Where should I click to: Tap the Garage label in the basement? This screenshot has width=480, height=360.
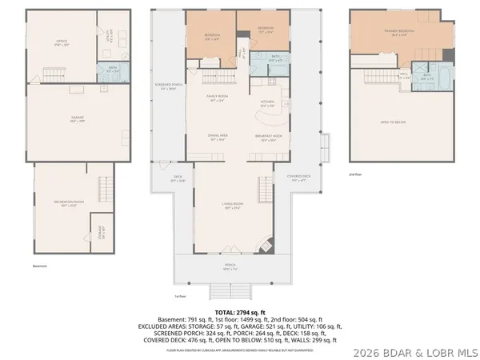click(x=78, y=119)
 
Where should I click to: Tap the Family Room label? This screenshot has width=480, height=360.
click(x=218, y=100)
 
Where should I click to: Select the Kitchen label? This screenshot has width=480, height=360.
click(x=267, y=102)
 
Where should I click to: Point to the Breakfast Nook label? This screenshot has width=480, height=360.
click(x=269, y=138)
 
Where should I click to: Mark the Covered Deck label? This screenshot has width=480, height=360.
click(x=287, y=179)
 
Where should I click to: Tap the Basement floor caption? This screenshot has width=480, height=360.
click(x=40, y=266)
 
